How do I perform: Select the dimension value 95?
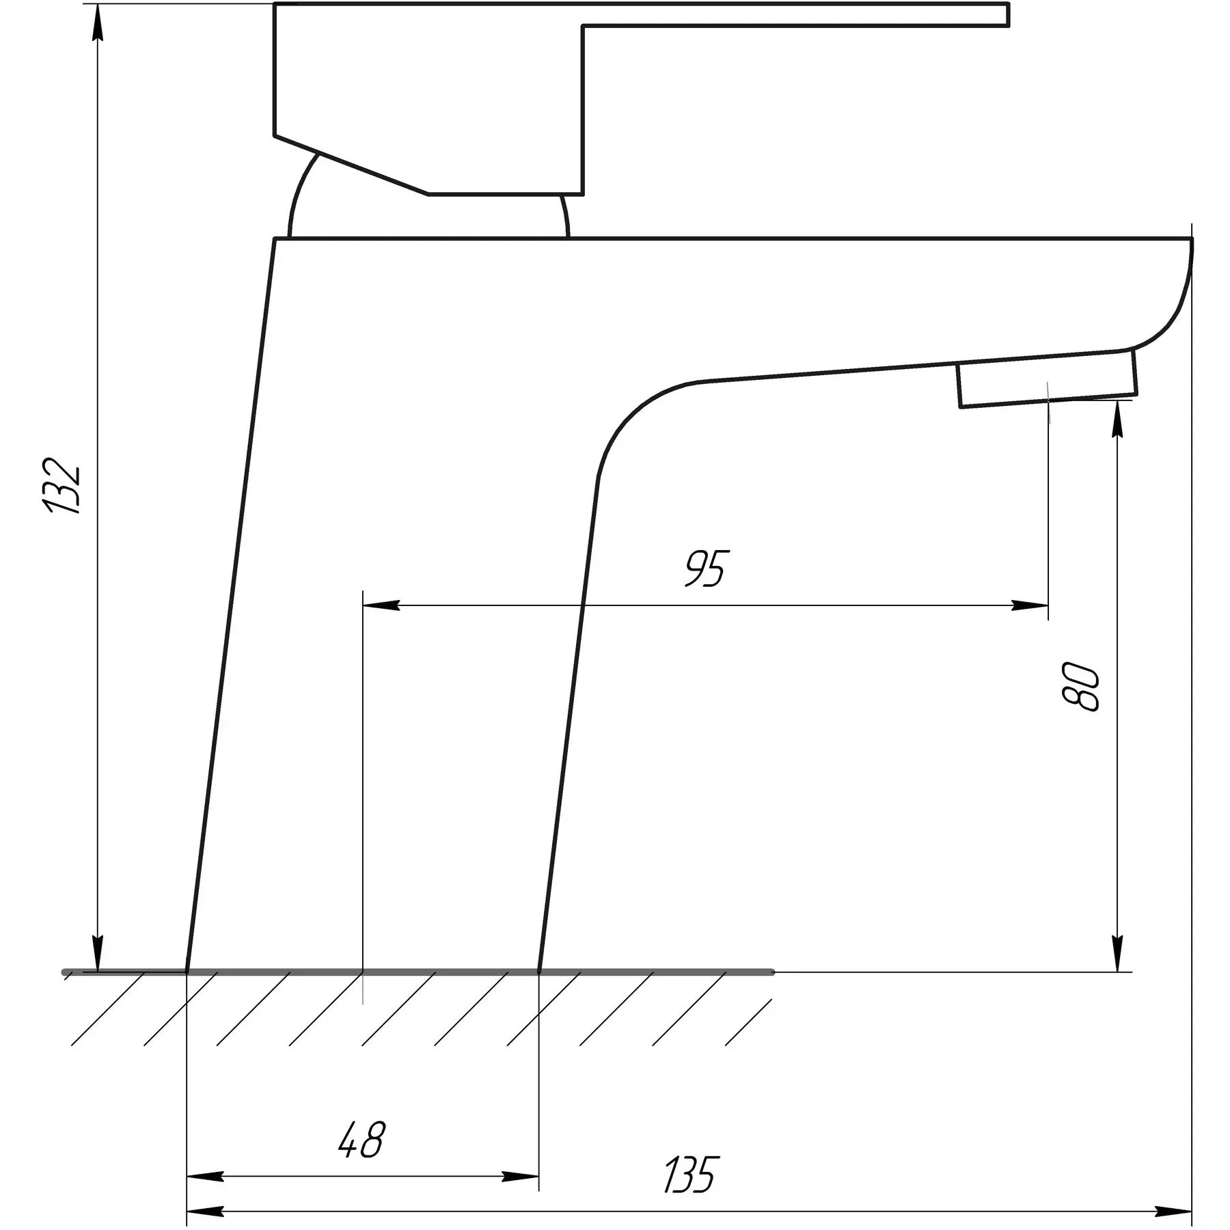pyautogui.click(x=707, y=568)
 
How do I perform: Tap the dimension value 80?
pyautogui.click(x=1080, y=687)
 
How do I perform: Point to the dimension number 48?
pyautogui.click(x=362, y=1139)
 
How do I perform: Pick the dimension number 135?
pyautogui.click(x=692, y=1175)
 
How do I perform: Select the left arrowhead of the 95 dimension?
pyautogui.click(x=381, y=605)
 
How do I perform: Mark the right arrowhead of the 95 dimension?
pyautogui.click(x=1030, y=605)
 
